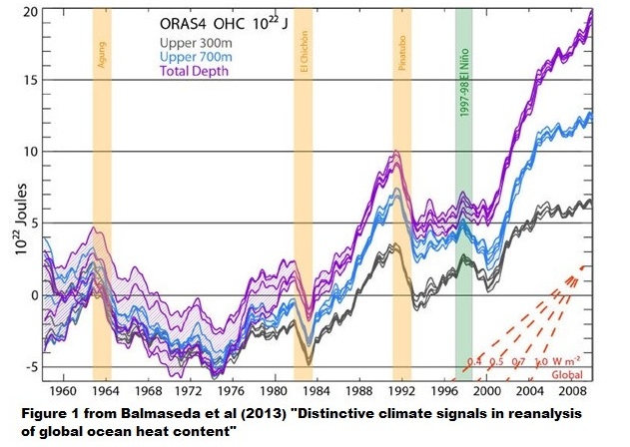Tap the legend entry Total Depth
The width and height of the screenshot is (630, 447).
point(205,71)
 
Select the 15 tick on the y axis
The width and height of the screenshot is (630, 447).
point(30,81)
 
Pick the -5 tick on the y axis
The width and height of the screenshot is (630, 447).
point(30,366)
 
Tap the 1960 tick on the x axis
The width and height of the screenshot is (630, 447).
point(59,392)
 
